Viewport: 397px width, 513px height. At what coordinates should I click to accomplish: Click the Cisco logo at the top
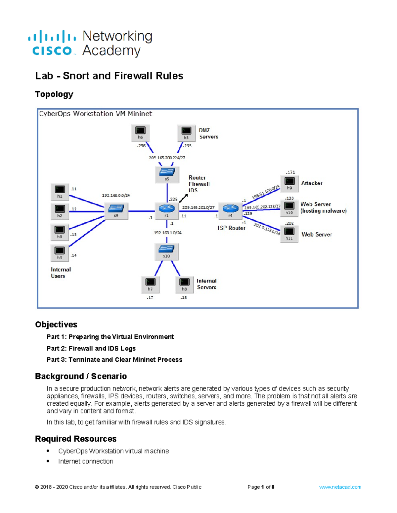(53, 44)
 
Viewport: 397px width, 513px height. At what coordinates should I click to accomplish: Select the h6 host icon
(140, 133)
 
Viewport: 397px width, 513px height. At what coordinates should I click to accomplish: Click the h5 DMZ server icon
(186, 133)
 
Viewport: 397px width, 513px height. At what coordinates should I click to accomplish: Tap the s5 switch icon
(167, 174)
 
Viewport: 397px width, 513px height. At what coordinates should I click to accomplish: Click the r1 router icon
(167, 210)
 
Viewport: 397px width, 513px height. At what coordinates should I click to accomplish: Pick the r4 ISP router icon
(230, 210)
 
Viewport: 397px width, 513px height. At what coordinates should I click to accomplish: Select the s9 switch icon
(116, 210)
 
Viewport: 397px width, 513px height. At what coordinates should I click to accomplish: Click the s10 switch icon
(167, 251)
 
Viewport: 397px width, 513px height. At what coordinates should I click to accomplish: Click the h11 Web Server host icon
(289, 234)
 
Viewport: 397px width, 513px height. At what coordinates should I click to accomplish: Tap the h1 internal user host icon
(60, 192)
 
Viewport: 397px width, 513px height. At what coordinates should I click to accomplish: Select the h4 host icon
(60, 253)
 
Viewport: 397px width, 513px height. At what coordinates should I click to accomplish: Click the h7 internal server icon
(150, 284)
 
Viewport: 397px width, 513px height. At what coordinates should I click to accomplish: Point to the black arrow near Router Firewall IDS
(184, 198)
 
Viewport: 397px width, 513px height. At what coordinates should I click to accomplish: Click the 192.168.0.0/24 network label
(116, 195)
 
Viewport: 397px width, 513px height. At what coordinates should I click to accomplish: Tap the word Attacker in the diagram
(312, 183)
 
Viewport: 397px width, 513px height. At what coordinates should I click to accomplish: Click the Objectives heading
(56, 324)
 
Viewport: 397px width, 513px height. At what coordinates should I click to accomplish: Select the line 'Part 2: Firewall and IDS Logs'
(91, 348)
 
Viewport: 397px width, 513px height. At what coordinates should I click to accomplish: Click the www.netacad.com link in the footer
(340, 487)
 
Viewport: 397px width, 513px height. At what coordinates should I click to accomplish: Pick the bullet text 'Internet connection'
(86, 461)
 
